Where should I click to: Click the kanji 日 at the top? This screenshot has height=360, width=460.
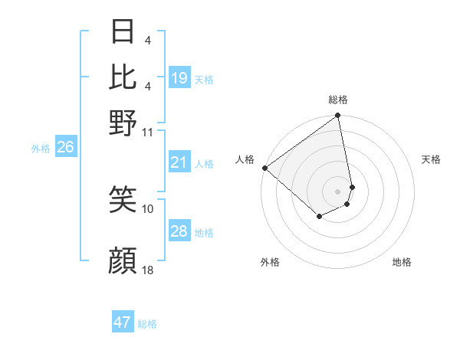click(123, 32)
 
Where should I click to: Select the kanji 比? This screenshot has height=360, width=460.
click(123, 77)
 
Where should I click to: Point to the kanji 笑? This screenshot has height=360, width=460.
click(123, 201)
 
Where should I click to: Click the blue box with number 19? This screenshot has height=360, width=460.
click(179, 77)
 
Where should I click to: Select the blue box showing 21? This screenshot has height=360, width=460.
click(179, 162)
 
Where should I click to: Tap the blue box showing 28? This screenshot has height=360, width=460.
click(179, 232)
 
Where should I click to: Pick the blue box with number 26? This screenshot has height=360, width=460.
click(65, 148)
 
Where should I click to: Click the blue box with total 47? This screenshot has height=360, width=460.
click(123, 322)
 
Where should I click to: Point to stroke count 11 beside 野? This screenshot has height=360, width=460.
click(148, 132)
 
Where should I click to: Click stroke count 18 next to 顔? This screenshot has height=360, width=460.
click(148, 270)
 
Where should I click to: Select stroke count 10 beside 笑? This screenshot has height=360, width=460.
click(148, 208)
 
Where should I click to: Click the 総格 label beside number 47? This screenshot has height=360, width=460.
click(148, 324)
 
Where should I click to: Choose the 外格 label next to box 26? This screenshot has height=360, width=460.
click(41, 149)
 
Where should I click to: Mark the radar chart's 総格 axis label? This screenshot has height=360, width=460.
click(338, 100)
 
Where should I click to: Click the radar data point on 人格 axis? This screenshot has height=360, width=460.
click(264, 168)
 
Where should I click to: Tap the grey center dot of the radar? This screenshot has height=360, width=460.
click(338, 191)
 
